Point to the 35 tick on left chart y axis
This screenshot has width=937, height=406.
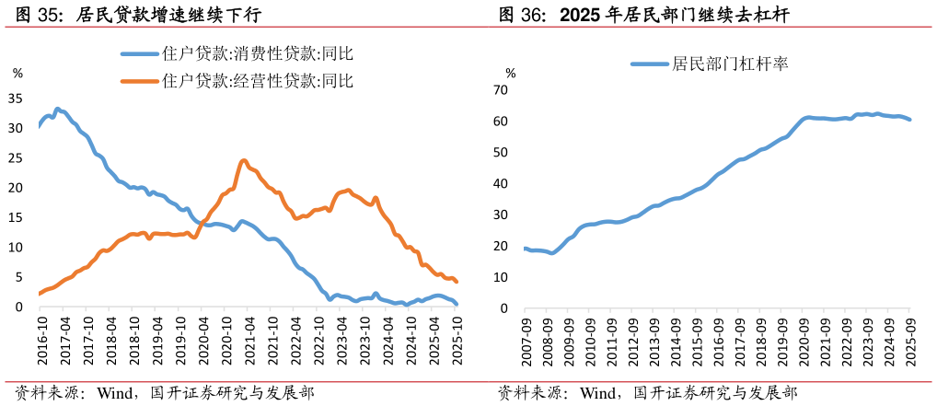pyautogui.click(x=15, y=98)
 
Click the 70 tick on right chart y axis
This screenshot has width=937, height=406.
pyautogui.click(x=501, y=90)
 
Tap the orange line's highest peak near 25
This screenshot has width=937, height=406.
pyautogui.click(x=244, y=160)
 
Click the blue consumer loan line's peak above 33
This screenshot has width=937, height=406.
pyautogui.click(x=57, y=109)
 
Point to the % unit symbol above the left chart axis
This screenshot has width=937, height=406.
pyautogui.click(x=17, y=73)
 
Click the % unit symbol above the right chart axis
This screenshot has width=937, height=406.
pyautogui.click(x=511, y=73)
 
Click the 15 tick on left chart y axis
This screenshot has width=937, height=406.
pyautogui.click(x=15, y=217)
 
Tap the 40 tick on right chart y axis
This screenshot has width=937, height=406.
pyautogui.click(x=501, y=184)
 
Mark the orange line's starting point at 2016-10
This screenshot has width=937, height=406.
pyautogui.click(x=40, y=294)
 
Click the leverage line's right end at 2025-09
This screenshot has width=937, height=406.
pyautogui.click(x=910, y=120)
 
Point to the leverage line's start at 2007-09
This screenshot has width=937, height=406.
pyautogui.click(x=526, y=249)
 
